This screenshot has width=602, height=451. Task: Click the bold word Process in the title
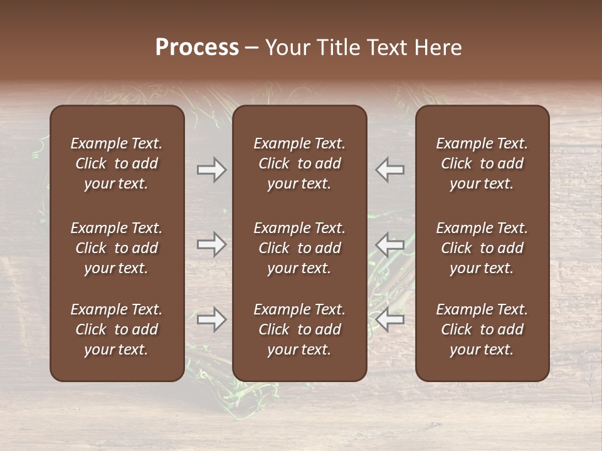coord(197,48)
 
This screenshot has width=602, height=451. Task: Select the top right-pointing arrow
coord(211,170)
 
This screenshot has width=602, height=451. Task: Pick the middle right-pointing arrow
coord(211,244)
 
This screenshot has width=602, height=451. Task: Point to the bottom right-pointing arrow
coord(211,319)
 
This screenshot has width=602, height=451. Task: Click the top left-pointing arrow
coord(390,170)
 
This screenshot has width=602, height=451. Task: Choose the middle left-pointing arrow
coord(390,244)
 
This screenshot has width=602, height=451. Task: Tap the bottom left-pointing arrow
coord(390,319)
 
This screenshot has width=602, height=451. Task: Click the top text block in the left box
coord(117,163)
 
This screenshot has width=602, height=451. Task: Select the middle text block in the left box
coord(117,248)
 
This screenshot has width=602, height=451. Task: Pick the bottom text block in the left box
coord(117,329)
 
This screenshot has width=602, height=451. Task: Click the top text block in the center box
coord(299,163)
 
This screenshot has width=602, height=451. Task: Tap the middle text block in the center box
coord(299,248)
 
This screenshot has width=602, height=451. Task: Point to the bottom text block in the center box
coord(299,329)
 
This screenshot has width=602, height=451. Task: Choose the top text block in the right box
coord(482,163)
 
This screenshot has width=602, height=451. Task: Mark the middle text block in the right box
coord(482,248)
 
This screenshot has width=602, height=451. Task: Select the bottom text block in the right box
coord(482,329)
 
